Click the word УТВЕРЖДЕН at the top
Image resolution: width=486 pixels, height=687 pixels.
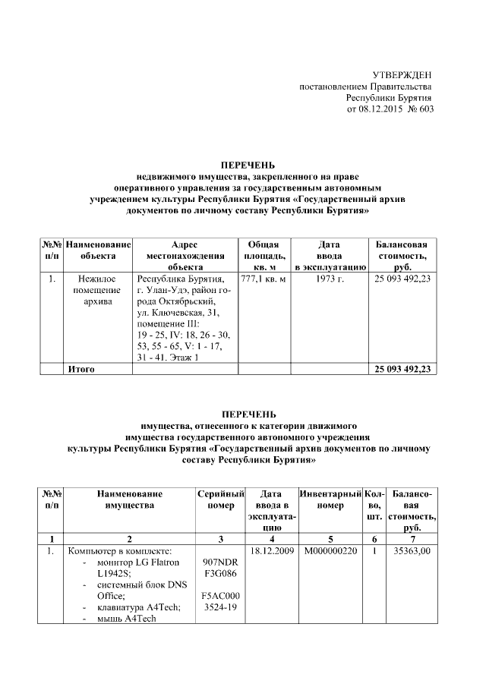point(402,74)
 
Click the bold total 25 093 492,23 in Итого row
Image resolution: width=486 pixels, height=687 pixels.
point(402,369)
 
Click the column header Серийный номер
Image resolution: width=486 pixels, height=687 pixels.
point(220,499)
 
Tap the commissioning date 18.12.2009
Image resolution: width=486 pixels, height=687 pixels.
point(272,550)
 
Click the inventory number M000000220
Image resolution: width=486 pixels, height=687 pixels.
point(330,550)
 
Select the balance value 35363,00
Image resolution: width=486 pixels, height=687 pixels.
point(412,550)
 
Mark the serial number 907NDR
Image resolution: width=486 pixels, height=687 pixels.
point(220,563)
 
